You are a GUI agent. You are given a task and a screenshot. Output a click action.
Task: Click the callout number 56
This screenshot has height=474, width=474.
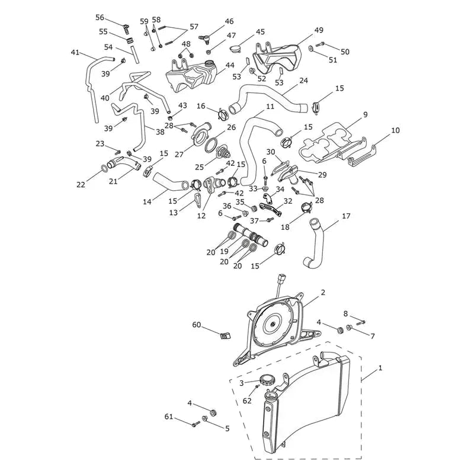(x=100, y=18)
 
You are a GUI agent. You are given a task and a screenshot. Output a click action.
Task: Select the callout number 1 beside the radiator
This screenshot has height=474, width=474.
(x=380, y=368)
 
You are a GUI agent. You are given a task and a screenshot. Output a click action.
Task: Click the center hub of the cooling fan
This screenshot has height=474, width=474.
(x=273, y=324)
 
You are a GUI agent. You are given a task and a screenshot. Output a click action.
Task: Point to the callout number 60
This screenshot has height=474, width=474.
(x=197, y=325)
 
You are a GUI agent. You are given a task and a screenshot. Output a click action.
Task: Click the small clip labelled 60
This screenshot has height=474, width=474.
(x=225, y=335)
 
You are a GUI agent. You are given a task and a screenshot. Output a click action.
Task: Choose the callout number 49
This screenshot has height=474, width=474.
(x=319, y=30)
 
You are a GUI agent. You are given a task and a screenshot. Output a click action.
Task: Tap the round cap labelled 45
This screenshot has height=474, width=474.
(x=235, y=49)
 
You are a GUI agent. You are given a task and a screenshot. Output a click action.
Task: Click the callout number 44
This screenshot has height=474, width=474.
(x=230, y=65)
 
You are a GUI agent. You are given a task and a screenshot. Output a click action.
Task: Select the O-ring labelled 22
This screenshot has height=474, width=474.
(x=103, y=168)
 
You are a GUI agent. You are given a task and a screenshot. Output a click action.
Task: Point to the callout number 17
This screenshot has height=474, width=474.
(x=346, y=216)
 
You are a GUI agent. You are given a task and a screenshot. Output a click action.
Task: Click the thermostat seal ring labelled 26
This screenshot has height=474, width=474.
(x=213, y=145)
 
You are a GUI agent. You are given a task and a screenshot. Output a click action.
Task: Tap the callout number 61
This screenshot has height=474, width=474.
(x=169, y=417)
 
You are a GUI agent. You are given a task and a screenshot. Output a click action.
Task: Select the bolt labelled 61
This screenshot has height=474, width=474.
(x=196, y=424)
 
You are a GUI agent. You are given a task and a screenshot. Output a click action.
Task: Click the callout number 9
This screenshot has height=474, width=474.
(x=366, y=114)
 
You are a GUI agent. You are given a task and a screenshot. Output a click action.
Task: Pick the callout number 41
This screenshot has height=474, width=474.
(x=75, y=53)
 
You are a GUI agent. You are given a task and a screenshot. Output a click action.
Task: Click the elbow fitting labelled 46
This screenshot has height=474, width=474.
(x=204, y=38)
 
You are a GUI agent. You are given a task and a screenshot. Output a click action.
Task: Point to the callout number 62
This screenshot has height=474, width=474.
(x=247, y=401)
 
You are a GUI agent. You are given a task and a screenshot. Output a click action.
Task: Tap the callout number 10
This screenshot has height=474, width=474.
(x=395, y=130)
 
